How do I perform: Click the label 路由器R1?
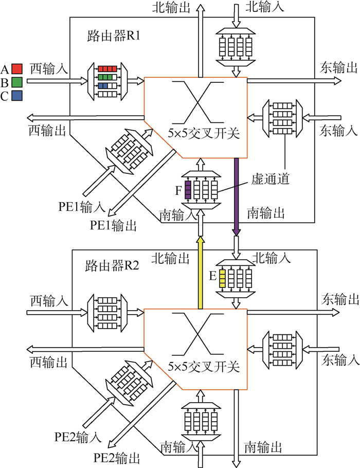111,37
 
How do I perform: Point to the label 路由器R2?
111,267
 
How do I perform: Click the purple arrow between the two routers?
237,195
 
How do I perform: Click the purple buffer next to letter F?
188,189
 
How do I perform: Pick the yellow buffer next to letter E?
222,278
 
